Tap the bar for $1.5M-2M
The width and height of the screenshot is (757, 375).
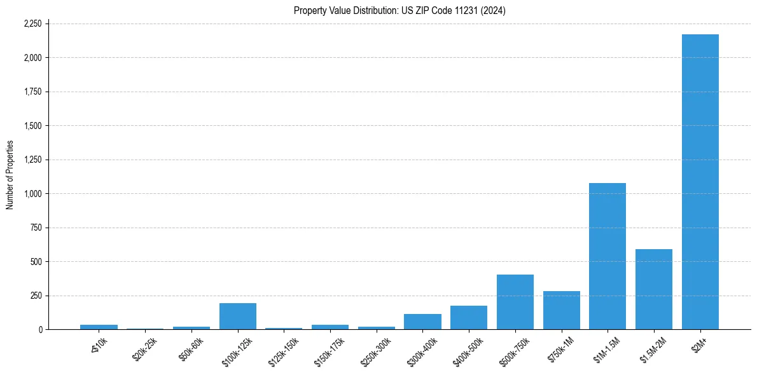click(x=654, y=289)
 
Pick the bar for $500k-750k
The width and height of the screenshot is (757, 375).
click(x=515, y=302)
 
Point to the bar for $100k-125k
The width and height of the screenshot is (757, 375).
click(x=238, y=317)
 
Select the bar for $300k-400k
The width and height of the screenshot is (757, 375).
click(x=422, y=322)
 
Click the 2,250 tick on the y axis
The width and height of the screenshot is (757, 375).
click(x=32, y=24)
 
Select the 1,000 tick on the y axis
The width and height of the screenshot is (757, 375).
click(x=32, y=193)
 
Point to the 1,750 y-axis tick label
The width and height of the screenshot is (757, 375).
click(x=32, y=92)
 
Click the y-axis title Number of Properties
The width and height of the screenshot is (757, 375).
click(x=10, y=175)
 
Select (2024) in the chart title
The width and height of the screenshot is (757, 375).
click(x=493, y=10)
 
